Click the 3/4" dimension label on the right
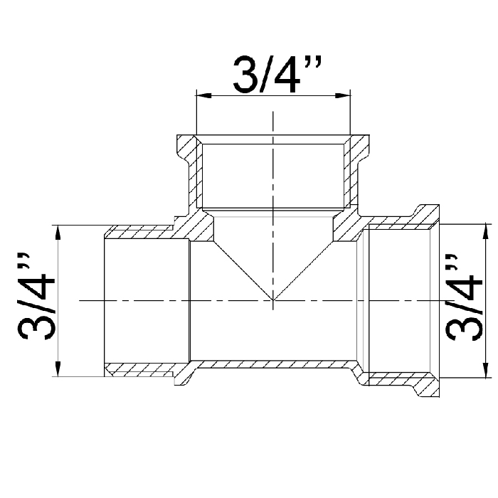465,297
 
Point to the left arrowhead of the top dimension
204,95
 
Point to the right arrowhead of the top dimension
343,95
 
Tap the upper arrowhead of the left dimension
58,233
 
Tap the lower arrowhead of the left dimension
58,369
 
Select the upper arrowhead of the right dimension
485,231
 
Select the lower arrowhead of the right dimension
485,370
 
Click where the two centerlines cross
272,300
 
